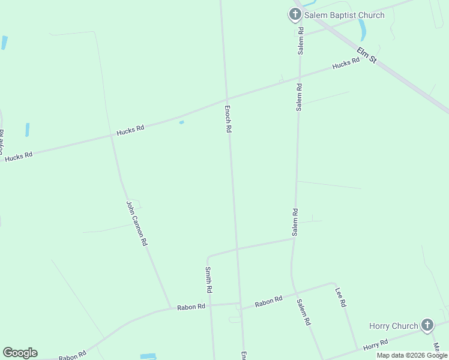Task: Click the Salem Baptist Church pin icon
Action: click(x=295, y=14)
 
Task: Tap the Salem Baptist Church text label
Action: click(x=344, y=15)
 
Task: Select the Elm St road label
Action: click(x=366, y=56)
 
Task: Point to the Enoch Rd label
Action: click(x=228, y=119)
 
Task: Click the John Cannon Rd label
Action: click(x=137, y=223)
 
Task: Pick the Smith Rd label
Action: click(x=209, y=280)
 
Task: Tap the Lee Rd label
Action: click(x=340, y=297)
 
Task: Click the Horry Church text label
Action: click(x=393, y=326)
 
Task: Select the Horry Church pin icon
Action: click(x=427, y=325)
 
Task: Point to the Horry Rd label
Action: click(x=375, y=344)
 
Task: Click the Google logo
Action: click(x=20, y=353)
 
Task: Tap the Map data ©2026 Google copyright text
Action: click(x=412, y=355)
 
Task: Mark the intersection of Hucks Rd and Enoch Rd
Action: click(x=226, y=100)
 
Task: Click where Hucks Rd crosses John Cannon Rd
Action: click(x=112, y=136)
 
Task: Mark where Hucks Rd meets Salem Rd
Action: click(x=299, y=77)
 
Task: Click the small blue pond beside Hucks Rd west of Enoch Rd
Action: click(x=181, y=122)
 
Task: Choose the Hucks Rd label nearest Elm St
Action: click(x=346, y=64)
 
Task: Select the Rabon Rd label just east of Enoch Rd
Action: click(x=268, y=301)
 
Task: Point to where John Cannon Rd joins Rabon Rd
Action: click(x=170, y=308)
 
